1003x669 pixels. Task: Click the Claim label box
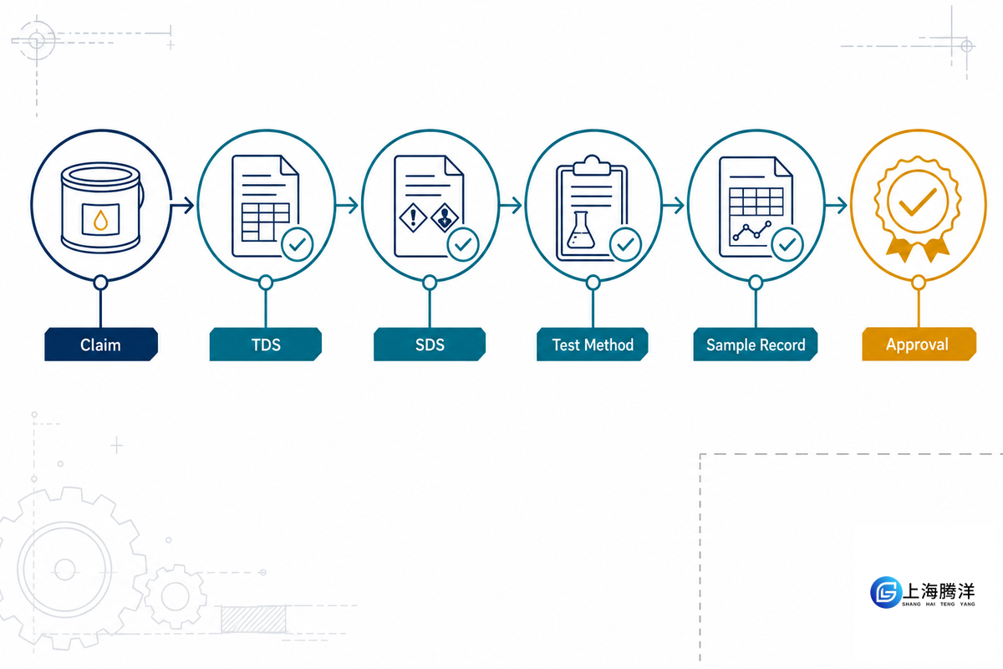click(x=101, y=345)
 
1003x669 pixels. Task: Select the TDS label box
click(x=266, y=345)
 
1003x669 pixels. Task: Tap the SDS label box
click(x=430, y=345)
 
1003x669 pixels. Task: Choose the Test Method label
click(x=593, y=345)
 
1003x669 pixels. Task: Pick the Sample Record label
click(x=756, y=345)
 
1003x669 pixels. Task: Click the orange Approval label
click(x=919, y=345)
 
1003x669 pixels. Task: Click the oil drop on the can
click(x=101, y=220)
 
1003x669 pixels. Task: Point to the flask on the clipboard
click(x=581, y=230)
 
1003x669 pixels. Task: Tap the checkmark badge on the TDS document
click(x=297, y=244)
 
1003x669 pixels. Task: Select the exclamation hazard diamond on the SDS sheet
click(x=413, y=217)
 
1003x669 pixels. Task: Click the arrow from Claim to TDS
click(x=182, y=205)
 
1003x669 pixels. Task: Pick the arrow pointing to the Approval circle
click(x=836, y=205)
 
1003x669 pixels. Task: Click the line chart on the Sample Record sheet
click(x=751, y=231)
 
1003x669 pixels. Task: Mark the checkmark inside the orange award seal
click(x=918, y=202)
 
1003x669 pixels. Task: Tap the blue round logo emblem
click(x=886, y=592)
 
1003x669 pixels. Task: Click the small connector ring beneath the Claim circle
click(x=101, y=283)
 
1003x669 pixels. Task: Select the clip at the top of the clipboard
click(x=592, y=166)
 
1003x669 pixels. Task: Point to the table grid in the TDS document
click(x=265, y=222)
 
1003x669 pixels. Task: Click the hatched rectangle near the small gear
click(x=253, y=620)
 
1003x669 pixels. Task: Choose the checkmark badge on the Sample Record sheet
click(x=787, y=244)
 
